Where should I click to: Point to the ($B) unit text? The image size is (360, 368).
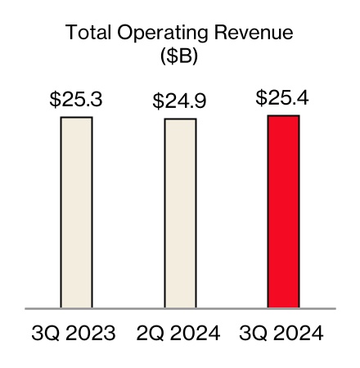tap(179, 59)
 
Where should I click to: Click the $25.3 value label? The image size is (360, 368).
tap(76, 101)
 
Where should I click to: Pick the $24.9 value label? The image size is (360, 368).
tap(180, 102)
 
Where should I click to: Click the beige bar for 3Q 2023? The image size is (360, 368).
tap(77, 213)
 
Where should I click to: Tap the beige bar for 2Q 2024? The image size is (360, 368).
tap(180, 213)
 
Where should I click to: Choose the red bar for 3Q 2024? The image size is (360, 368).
tap(284, 212)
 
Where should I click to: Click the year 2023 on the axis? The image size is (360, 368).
tap(95, 334)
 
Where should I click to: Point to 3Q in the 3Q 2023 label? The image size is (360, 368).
tap(43, 334)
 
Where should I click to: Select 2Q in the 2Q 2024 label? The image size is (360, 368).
tap(146, 334)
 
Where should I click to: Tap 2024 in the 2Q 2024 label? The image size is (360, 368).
tap(198, 334)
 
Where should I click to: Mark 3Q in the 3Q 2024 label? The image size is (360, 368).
tap(250, 334)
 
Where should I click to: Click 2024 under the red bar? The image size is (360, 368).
tap(302, 334)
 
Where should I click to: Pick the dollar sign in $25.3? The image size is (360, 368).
tap(55, 101)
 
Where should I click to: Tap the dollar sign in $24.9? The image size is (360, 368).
tap(158, 102)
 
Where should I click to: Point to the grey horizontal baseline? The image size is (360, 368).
tap(180, 309)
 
